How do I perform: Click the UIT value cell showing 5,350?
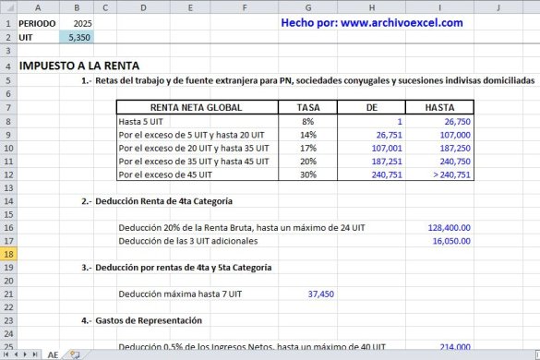(78, 37)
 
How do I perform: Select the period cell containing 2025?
(80, 23)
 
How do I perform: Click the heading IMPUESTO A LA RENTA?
(79, 66)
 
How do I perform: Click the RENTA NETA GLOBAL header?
(196, 107)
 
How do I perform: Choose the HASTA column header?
(438, 107)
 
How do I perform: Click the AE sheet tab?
(53, 354)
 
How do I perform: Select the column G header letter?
(307, 7)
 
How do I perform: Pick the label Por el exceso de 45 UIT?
(165, 174)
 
